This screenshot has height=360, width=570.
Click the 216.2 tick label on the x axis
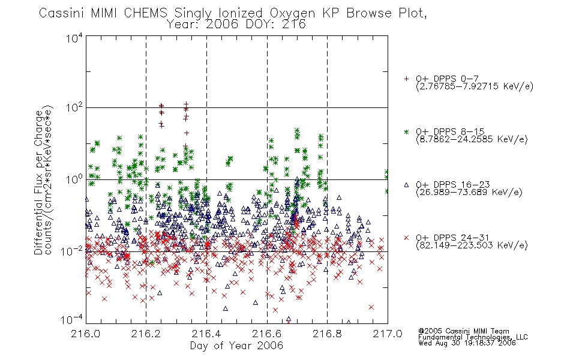pos(146,334)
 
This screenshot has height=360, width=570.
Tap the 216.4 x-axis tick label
pos(206,334)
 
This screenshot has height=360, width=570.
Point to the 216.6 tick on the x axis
pos(267,334)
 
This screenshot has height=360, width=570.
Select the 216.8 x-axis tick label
pos(327,334)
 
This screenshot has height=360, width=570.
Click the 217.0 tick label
pos(388,334)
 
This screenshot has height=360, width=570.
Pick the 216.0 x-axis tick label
pos(86,334)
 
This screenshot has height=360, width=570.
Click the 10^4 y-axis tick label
pos(74,38)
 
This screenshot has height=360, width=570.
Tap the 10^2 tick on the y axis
pos(74,108)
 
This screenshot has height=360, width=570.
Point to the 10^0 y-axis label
pos(74,179)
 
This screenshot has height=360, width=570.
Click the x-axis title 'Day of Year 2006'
pos(236,346)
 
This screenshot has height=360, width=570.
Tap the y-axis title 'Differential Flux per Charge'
pos(38,181)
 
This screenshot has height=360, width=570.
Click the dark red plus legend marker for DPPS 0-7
pos(406,79)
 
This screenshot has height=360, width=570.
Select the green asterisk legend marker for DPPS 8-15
pos(406,131)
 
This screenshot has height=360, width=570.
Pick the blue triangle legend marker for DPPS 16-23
pos(406,185)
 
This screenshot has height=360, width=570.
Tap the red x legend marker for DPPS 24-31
pos(406,238)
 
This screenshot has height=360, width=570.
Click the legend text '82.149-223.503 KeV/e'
pos(472,245)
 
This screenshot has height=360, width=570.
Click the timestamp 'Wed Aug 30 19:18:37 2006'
pos(467,343)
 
